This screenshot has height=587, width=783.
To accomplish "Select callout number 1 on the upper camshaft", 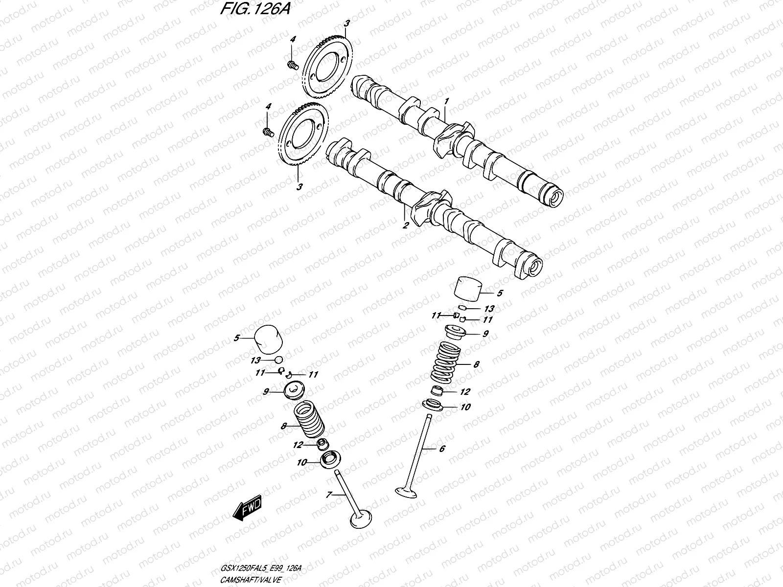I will point(446,101).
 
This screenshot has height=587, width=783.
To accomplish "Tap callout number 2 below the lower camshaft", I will point(405,225).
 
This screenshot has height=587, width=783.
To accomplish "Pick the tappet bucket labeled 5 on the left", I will point(268,339).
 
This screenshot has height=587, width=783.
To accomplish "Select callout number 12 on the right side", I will point(464,392).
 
